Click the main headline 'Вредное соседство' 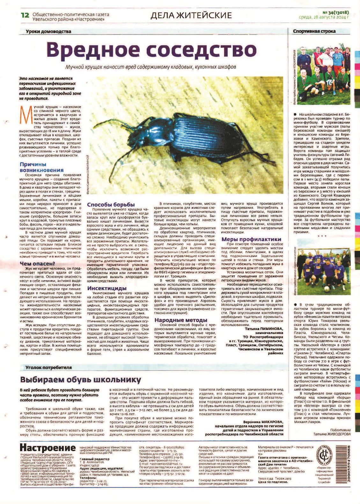pyautogui.click(x=151, y=49)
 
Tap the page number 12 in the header pyautogui.click(x=25, y=15)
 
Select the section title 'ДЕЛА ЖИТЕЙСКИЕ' pyautogui.click(x=191, y=15)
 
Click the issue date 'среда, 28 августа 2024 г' pyautogui.click(x=324, y=18)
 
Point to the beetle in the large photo pyautogui.click(x=191, y=137)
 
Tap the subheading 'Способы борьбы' pyautogui.click(x=111, y=204)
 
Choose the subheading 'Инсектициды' pyautogui.click(x=107, y=288)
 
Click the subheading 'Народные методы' pyautogui.click(x=181, y=320)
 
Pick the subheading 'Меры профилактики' pyautogui.click(x=251, y=239)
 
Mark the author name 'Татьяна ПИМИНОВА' pyautogui.click(x=264, y=329)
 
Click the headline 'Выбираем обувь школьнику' pyautogui.click(x=81, y=380)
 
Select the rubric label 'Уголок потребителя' pyautogui.click(x=48, y=367)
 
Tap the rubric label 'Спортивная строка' pyautogui.click(x=314, y=31)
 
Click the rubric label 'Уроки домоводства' pyautogui.click(x=48, y=31)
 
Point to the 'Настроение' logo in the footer pyautogui.click(x=48, y=447)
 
